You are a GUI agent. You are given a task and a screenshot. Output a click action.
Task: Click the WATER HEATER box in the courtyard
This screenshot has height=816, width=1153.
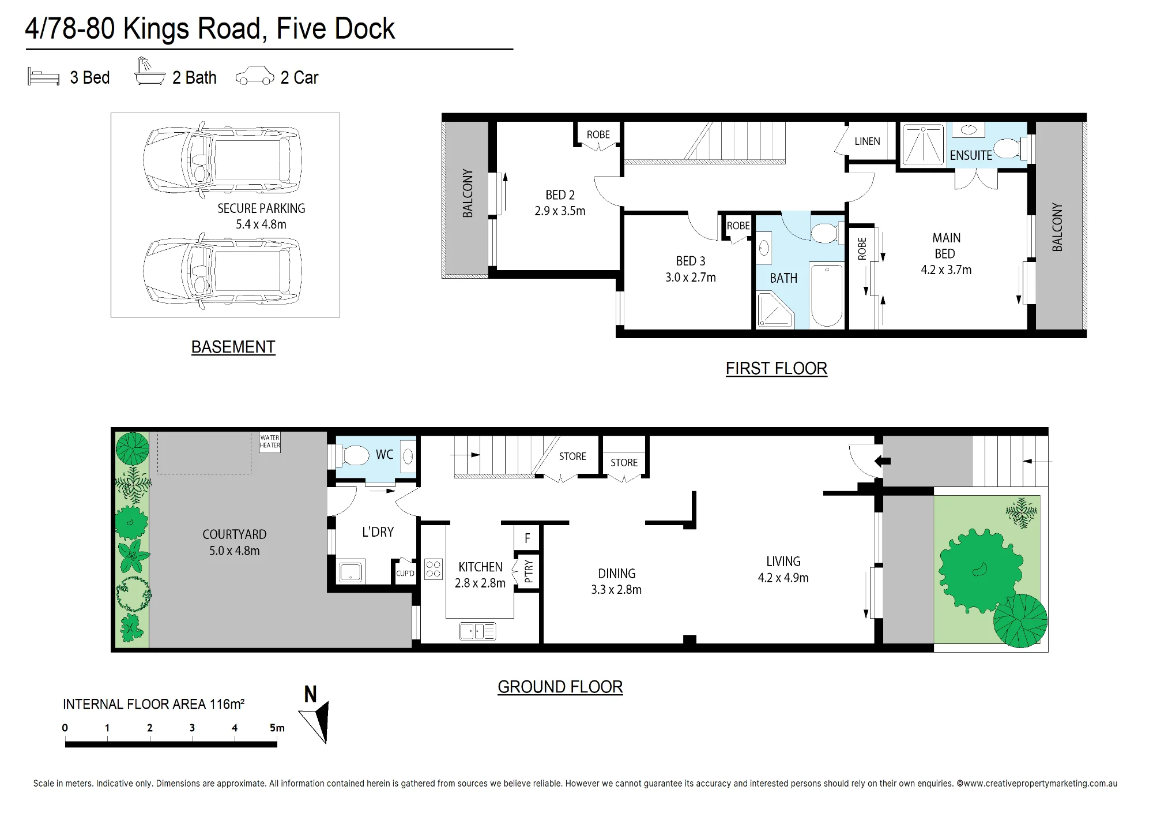point(270,442)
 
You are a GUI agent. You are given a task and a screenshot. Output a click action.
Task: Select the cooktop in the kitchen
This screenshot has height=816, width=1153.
point(434,569)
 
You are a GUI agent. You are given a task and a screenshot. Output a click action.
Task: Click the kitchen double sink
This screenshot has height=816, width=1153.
point(477,631)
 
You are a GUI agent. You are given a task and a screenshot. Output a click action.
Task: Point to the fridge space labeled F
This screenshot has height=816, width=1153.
point(527,538)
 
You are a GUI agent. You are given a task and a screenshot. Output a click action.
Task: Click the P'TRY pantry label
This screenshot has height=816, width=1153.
point(529,571)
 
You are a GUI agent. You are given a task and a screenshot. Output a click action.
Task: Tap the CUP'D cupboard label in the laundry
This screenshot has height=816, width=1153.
point(405,574)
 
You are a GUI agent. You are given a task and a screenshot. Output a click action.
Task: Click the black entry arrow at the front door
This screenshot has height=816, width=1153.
point(883,461)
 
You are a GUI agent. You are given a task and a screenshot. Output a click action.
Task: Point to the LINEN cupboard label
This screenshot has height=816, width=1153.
point(867,141)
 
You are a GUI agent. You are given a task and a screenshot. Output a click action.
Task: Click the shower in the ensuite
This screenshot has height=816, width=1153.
point(924,144)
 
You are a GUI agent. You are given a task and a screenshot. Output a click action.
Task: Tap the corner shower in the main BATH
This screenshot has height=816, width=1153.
point(775,310)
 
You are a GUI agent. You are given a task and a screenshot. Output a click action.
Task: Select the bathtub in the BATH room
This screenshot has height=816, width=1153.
point(827,295)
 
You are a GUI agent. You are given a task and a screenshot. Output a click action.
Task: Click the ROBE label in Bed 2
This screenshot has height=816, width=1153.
point(598,134)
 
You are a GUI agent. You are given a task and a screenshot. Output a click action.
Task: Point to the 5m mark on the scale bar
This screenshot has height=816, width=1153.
point(277,728)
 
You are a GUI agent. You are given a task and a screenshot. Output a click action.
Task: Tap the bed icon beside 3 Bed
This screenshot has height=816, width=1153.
point(44,77)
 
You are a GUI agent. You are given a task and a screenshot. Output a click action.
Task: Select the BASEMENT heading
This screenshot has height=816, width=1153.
point(233,347)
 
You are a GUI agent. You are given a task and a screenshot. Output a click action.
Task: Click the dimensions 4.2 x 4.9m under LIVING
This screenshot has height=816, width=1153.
point(783,578)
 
